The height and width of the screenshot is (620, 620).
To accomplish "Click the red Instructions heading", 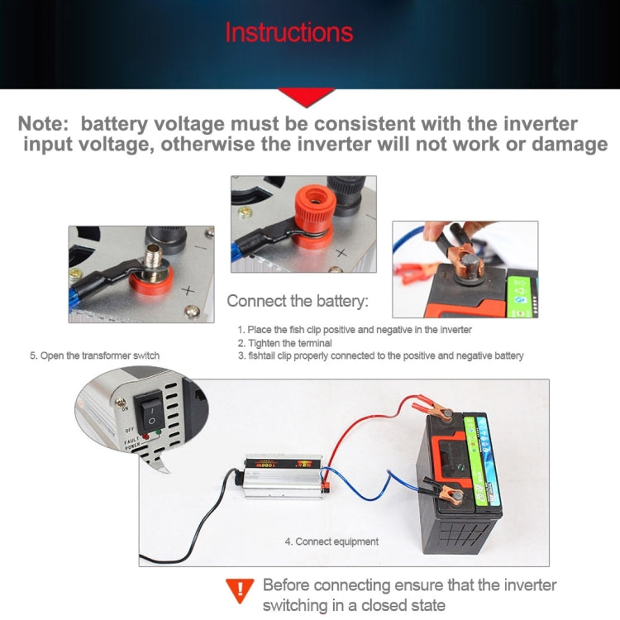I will pyautogui.click(x=289, y=33).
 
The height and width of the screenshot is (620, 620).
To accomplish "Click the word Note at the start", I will pyautogui.click(x=45, y=124).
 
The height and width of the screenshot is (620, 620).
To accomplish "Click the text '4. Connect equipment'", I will pyautogui.click(x=331, y=541).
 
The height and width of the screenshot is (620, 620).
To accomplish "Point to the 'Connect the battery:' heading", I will pyautogui.click(x=298, y=300).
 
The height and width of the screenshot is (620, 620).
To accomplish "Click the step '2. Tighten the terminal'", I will pyautogui.click(x=284, y=342).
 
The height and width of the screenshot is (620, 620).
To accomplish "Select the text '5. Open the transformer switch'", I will pyautogui.click(x=94, y=355).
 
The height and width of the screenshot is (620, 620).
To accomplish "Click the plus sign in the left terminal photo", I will pyautogui.click(x=188, y=290).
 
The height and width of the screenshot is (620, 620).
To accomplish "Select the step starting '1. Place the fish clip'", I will pyautogui.click(x=355, y=329).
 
